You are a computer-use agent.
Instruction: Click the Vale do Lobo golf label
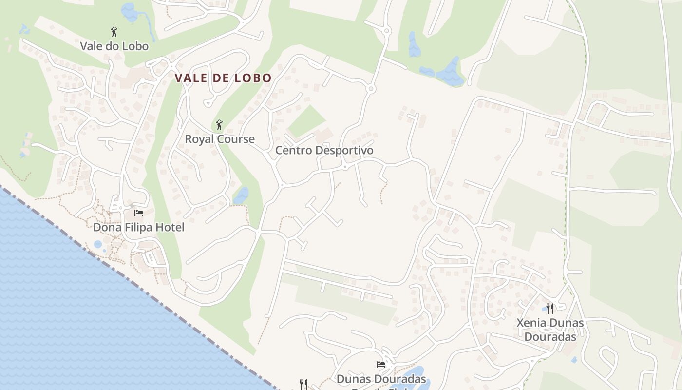(114, 46)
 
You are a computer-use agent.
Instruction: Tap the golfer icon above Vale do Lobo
(114, 32)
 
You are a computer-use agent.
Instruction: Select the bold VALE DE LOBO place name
(223, 78)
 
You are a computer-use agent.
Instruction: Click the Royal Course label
(219, 139)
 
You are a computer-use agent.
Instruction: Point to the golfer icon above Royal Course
(219, 125)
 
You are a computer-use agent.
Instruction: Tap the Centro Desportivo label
(324, 150)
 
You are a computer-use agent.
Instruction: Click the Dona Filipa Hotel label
(138, 227)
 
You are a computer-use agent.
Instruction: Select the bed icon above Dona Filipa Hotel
(139, 213)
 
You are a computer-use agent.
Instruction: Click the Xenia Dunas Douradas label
(550, 330)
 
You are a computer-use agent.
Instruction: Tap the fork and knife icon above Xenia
(550, 308)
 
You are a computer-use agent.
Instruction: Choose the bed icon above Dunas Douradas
(381, 364)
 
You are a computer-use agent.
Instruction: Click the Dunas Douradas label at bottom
(381, 379)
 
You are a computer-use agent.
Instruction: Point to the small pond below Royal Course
(241, 195)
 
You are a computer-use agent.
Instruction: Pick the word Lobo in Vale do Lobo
(134, 46)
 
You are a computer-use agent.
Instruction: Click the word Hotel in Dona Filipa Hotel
(170, 227)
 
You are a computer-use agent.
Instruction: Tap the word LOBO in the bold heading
(252, 78)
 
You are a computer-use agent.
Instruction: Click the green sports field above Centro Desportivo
(306, 121)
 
